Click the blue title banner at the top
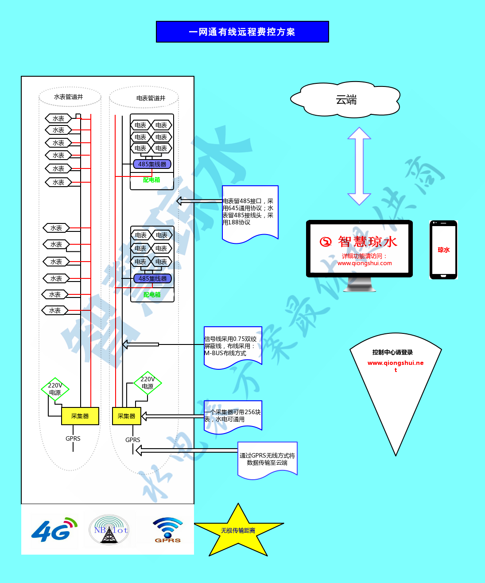pyautogui.click(x=242, y=32)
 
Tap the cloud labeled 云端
pyautogui.click(x=346, y=100)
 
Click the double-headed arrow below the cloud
pyautogui.click(x=359, y=166)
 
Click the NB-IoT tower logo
pyautogui.click(x=109, y=529)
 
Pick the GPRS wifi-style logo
pyautogui.click(x=167, y=530)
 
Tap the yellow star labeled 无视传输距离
pyautogui.click(x=238, y=531)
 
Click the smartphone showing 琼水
pyautogui.click(x=443, y=250)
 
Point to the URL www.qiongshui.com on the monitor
pyautogui.click(x=365, y=263)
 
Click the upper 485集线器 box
pyautogui.click(x=152, y=164)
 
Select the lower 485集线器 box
pyautogui.click(x=152, y=278)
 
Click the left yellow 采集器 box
pyautogui.click(x=80, y=416)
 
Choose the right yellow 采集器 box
pyautogui.click(x=127, y=416)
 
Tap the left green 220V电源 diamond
pyautogui.click(x=55, y=389)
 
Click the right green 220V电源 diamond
pyautogui.click(x=147, y=383)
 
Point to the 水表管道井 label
pyautogui.click(x=69, y=97)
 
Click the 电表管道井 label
pyautogui.click(x=151, y=98)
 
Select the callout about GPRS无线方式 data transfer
pyautogui.click(x=267, y=459)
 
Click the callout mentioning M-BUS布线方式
pyautogui.click(x=233, y=346)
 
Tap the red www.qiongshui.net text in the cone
pyautogui.click(x=396, y=363)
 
